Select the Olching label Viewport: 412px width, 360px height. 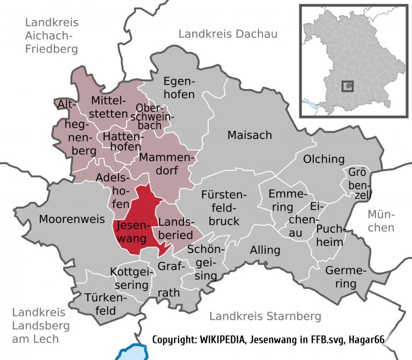(323, 159)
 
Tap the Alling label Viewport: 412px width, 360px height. (265, 250)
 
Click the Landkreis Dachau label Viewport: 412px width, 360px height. (228, 34)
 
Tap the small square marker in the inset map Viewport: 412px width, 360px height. (349, 86)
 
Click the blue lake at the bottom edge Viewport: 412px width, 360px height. (132, 353)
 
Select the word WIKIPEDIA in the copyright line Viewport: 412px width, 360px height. (223, 341)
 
